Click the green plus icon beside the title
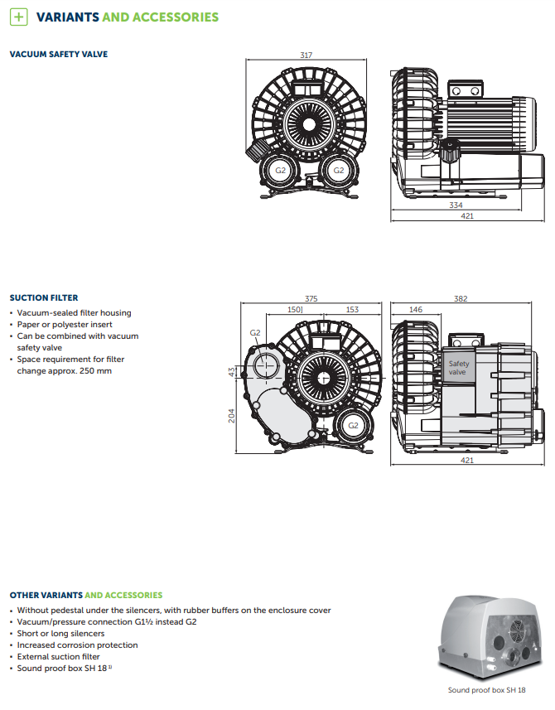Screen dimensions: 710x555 20,17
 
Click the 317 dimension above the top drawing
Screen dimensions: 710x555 306,56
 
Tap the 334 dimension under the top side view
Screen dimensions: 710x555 456,205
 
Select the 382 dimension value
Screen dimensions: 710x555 461,298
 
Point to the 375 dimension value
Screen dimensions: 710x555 311,298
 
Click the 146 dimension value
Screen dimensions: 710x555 416,310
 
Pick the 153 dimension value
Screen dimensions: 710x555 352,310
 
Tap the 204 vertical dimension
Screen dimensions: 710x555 232,415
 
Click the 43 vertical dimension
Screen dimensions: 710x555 232,372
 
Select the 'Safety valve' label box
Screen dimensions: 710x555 459,368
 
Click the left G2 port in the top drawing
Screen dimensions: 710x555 281,170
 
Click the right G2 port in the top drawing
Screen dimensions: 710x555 338,170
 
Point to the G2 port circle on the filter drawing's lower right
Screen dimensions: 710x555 353,425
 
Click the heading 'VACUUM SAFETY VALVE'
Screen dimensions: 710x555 58,55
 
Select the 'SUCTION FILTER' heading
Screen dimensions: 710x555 44,297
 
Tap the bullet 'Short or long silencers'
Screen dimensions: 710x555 60,633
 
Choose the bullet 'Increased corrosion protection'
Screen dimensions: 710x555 77,645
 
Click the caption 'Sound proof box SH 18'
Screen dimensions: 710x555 487,689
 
